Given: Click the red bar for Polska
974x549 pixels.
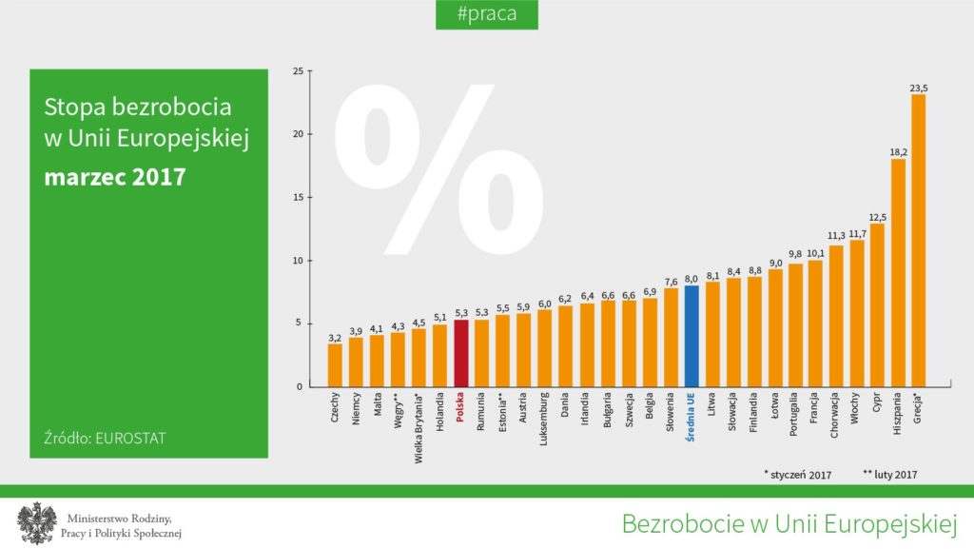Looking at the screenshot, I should click(461, 353).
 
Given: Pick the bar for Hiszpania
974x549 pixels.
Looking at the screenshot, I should click(897, 272).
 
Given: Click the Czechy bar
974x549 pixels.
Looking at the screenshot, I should click(335, 365).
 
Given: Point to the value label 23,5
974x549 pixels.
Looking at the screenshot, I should click(919, 88).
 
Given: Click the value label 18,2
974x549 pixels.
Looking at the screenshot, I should click(898, 151).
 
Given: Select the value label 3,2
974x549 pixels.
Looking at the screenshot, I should click(335, 337).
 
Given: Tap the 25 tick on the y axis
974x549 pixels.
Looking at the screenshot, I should click(299, 71).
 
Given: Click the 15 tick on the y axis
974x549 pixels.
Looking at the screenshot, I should click(299, 198).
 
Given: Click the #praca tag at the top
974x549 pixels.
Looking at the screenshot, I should click(486, 14).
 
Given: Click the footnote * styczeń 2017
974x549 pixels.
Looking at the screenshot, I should click(797, 473).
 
